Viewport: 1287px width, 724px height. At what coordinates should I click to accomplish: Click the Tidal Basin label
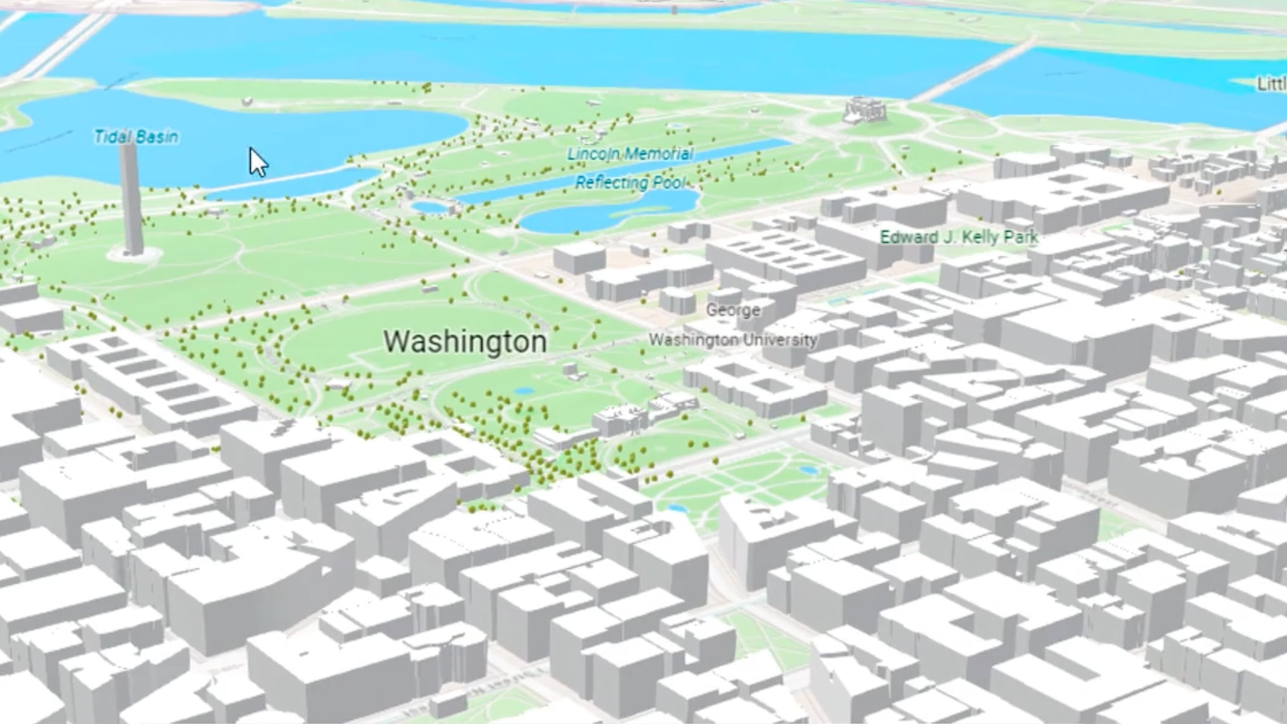pyautogui.click(x=136, y=137)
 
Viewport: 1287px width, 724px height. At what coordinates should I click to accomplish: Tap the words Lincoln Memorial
pyautogui.click(x=630, y=154)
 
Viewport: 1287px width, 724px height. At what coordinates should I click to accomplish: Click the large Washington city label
pyautogui.click(x=466, y=341)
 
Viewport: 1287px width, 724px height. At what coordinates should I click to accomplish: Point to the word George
pyautogui.click(x=733, y=310)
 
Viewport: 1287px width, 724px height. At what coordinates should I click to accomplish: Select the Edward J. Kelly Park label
pyautogui.click(x=959, y=237)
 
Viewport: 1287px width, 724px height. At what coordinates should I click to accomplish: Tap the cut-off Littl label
pyautogui.click(x=1273, y=84)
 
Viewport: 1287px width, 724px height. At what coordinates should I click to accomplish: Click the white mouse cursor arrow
pyautogui.click(x=258, y=161)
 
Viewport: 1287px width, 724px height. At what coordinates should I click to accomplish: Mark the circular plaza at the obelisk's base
pyautogui.click(x=134, y=255)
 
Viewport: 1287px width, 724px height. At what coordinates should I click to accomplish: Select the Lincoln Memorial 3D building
pyautogui.click(x=865, y=111)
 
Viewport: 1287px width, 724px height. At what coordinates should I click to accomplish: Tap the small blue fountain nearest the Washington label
pyautogui.click(x=525, y=392)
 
